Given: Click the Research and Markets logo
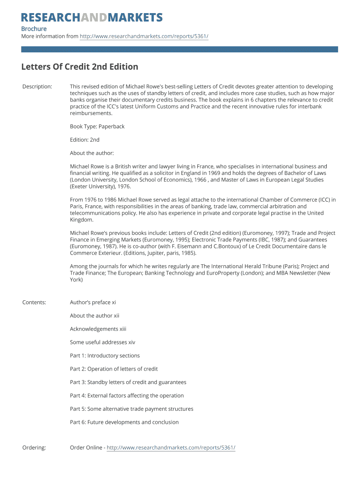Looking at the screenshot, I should coord(92,18).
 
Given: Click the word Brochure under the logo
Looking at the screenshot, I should coord(34,29).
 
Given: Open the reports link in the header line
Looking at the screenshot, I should coord(144,36).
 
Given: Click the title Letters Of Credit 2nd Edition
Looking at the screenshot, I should coord(79,67).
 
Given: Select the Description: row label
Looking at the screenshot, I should coord(37,87).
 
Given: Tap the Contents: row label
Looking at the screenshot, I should coord(34,302).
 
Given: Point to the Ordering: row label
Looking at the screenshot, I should coord(34,448).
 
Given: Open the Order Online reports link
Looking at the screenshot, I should coord(171,448).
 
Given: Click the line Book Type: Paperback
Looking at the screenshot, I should coord(97,126).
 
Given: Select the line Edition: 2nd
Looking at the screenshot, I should coord(85,140).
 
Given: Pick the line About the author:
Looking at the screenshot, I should coord(92,153).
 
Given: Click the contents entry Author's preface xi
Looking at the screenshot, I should coord(93,302).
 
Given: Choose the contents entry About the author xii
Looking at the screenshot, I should coord(94,316).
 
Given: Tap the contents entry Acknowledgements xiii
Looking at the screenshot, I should coord(98,329).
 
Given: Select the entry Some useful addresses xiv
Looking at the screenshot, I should coord(102,342).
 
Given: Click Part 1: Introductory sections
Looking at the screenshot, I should coord(105,356).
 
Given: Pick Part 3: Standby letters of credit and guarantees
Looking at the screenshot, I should coord(128,382).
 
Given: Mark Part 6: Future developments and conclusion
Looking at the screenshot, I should coord(124,422).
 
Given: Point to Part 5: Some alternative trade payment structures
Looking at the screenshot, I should coord(131,409).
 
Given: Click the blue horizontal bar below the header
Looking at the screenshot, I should coord(180,49).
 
